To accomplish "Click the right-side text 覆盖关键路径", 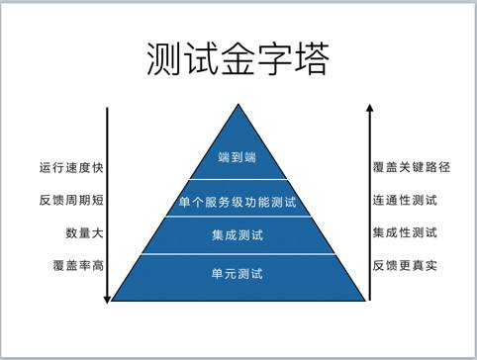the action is [412, 167].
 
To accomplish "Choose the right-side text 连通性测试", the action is [406, 201].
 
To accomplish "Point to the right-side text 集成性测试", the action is [406, 234].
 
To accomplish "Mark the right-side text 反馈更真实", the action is [406, 266].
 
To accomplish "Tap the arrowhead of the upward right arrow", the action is [369, 106].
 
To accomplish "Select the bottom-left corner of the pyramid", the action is [112, 300].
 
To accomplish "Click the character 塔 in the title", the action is [309, 58].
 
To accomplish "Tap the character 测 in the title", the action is [164, 58].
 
